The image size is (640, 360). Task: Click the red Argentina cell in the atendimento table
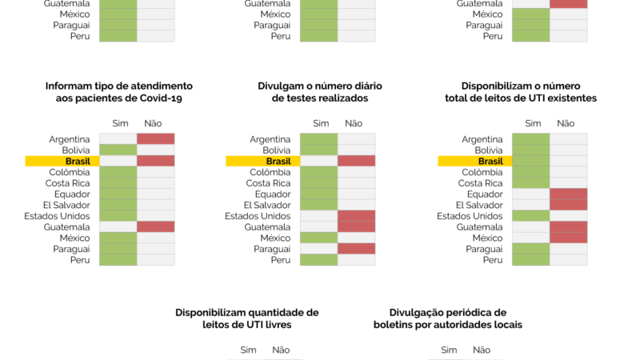(x=155, y=139)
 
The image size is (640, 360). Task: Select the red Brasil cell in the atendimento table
(x=155, y=161)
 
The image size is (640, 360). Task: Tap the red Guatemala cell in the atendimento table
(x=155, y=226)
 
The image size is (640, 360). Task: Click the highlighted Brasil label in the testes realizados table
(x=278, y=161)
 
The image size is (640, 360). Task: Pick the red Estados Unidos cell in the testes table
(x=356, y=216)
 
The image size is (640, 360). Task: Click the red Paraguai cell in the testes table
(x=356, y=249)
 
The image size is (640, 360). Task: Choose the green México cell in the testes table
(x=318, y=238)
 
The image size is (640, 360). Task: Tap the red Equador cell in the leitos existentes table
(x=568, y=194)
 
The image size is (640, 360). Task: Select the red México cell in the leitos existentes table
(x=568, y=238)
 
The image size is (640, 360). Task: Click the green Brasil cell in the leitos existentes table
(x=530, y=161)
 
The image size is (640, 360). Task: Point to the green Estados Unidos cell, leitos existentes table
(x=530, y=216)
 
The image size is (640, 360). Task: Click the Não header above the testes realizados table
(x=354, y=123)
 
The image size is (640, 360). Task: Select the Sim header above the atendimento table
(x=118, y=123)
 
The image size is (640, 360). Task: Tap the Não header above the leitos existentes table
(x=566, y=123)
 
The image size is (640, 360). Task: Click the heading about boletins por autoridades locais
(x=447, y=318)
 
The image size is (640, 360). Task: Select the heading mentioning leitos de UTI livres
(x=246, y=318)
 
